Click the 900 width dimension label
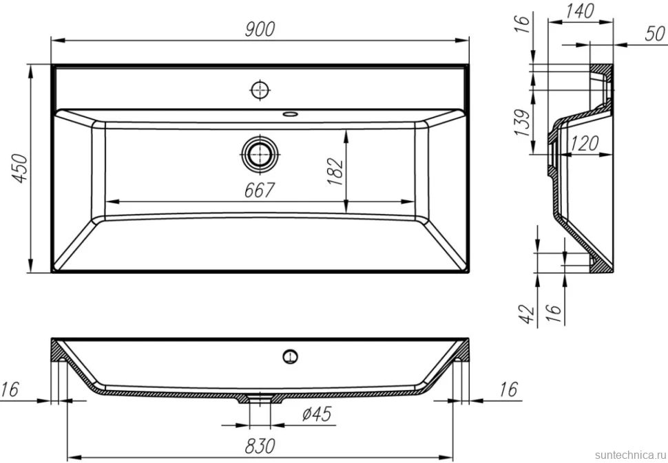coord(260,29)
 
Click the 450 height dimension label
coord(20,169)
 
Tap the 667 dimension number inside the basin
coord(260,190)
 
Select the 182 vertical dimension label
coord(335,171)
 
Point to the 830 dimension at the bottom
coord(260,446)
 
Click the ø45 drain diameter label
coord(317,413)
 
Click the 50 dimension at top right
coord(655,34)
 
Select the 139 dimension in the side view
coord(522,123)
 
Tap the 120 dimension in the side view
coord(584,143)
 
